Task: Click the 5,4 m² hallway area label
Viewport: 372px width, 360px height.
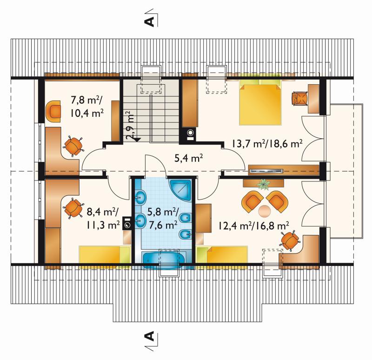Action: coord(189,158)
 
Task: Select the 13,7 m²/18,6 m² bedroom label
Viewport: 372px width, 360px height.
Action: coord(267,144)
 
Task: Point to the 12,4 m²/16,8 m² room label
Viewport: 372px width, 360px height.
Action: coord(253,226)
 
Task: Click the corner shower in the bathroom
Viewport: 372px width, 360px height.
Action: coord(181,189)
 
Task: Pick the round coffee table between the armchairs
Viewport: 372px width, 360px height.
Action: coord(264,211)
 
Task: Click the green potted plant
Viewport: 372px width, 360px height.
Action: coord(264,184)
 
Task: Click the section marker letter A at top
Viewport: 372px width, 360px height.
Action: coord(149,21)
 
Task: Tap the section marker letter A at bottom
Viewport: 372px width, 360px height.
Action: coord(149,336)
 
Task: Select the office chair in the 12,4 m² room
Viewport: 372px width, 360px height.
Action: coord(290,240)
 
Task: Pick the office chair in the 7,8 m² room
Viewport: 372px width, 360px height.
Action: coord(73,146)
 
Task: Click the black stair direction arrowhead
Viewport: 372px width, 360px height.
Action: coord(137,139)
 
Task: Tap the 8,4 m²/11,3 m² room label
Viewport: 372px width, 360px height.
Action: coord(103,218)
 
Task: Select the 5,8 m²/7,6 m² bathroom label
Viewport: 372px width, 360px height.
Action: coord(163,218)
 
